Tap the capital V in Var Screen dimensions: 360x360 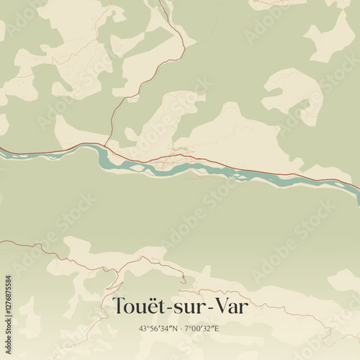(217, 306)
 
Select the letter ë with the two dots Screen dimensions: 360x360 (152, 305)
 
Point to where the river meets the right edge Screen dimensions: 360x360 (358, 189)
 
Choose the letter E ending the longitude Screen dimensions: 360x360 (217, 328)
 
